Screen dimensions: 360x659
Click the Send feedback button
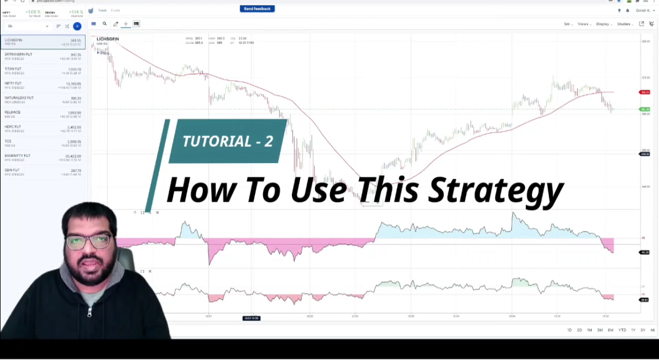[257, 9]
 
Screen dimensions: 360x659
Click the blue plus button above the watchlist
[77, 26]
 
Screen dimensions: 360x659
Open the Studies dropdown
[625, 24]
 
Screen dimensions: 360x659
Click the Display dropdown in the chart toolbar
[604, 24]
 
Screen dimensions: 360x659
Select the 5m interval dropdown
[568, 24]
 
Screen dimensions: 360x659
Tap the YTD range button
[622, 330]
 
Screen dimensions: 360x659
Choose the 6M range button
[610, 330]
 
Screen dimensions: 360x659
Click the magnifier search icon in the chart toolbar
[104, 24]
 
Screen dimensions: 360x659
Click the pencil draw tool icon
[116, 24]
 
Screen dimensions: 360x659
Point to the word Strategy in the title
[496, 190]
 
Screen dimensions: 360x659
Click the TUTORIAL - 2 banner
[228, 141]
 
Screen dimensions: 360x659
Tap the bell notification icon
[627, 10]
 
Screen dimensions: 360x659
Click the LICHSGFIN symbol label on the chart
[107, 39]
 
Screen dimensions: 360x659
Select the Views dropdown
[584, 24]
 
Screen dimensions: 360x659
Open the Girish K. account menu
[644, 10]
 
